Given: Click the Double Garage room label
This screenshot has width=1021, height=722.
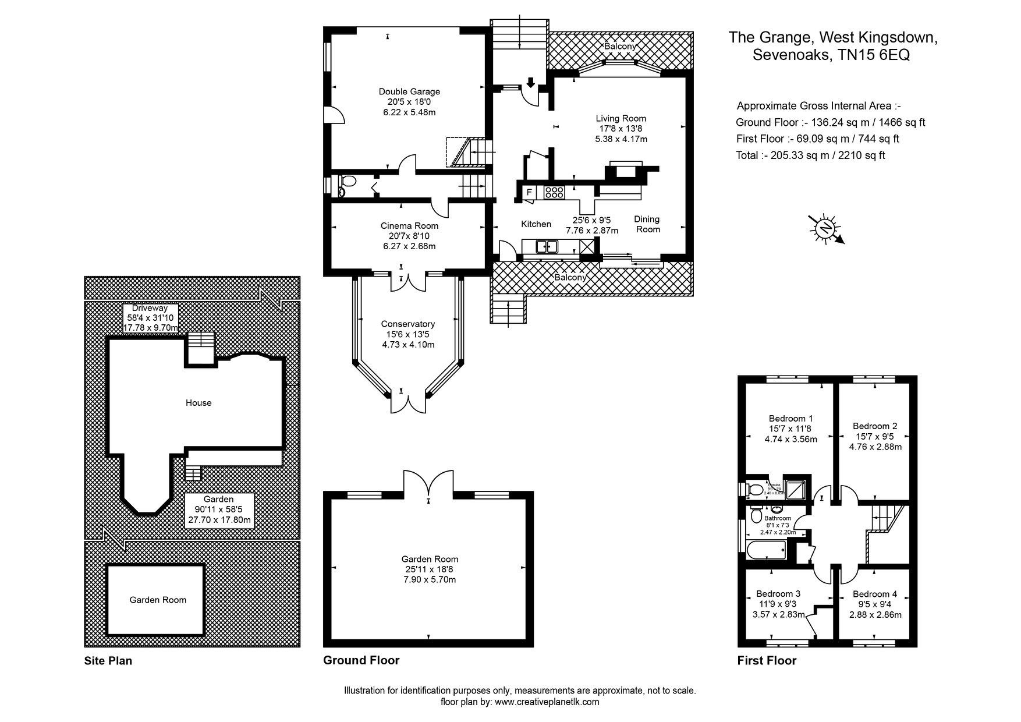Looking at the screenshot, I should coord(409,91).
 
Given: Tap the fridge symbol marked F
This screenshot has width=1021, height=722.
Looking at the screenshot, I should coord(530,192).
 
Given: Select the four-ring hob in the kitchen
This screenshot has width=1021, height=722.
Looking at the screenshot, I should coord(554,192).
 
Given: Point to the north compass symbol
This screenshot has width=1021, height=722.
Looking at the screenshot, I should coord(825,228).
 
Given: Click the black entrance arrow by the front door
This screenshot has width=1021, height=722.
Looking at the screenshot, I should coord(530,83).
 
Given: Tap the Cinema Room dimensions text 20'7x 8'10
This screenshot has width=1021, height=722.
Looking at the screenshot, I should coord(409,236).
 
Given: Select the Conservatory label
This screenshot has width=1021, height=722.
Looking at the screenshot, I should coord(407,324).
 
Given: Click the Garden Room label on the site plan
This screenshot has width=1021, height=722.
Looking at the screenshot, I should coord(158,600).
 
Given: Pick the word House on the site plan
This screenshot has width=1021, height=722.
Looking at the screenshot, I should coord(198,403).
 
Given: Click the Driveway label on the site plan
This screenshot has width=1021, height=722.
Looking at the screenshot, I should coord(150,308).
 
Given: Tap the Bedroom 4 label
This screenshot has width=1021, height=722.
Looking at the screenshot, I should coord(874,594).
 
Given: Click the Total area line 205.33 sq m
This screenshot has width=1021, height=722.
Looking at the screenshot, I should coord(810,155).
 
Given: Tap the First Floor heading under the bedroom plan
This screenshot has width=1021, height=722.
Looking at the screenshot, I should coord(766,660).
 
